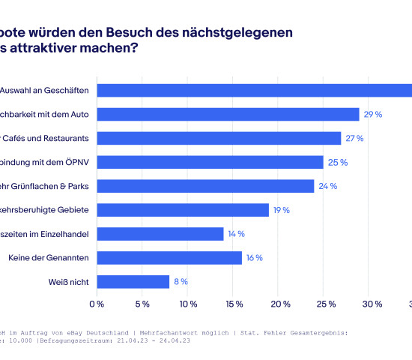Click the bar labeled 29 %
(228, 114)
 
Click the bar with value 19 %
(183, 210)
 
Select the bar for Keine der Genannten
(169, 258)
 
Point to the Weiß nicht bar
(133, 282)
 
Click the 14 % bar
(160, 234)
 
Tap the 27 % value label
(354, 139)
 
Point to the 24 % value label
(327, 187)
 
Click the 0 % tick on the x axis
(97, 304)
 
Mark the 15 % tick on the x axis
(234, 304)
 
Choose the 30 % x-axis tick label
(372, 304)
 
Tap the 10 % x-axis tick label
(188, 304)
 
